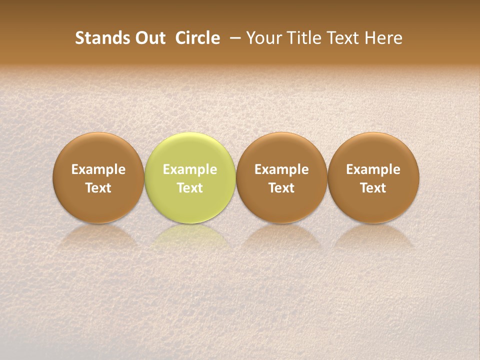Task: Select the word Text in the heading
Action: click(x=343, y=38)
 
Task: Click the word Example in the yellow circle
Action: click(x=190, y=169)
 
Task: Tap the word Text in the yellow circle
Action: click(x=190, y=188)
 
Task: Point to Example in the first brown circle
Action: click(x=98, y=169)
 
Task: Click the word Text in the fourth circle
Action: click(x=373, y=188)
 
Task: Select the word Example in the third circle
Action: click(x=281, y=169)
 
